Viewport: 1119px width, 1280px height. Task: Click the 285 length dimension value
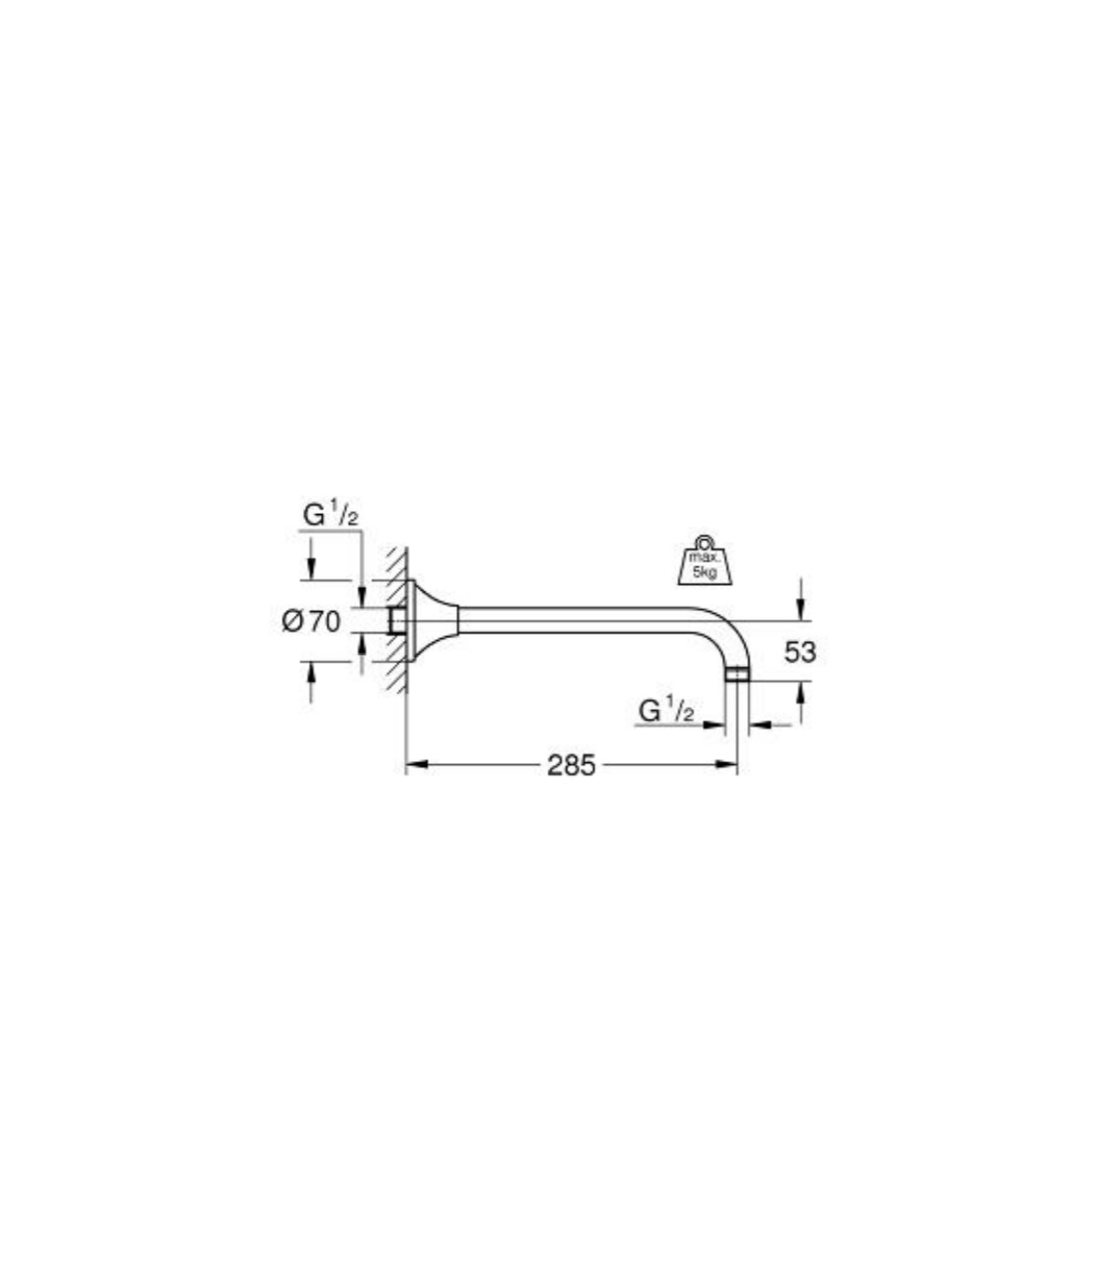572,765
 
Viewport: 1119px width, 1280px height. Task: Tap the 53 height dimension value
800,652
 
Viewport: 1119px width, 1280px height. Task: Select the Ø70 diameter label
311,621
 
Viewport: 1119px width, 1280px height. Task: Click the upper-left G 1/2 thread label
331,515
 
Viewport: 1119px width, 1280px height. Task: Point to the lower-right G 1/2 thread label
666,711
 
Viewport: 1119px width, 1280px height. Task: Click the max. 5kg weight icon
705,562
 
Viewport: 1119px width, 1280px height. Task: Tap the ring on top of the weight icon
705,542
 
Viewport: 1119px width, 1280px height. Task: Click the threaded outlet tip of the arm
737,675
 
